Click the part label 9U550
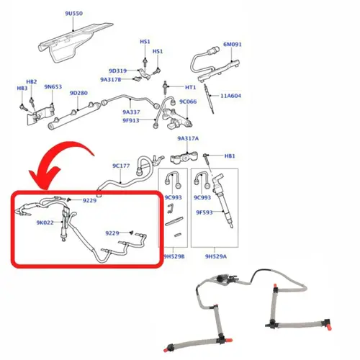[74, 14]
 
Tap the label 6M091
[233, 45]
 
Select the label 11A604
[230, 96]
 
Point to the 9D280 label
[78, 93]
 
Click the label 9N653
[53, 86]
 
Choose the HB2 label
[32, 81]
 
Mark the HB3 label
[22, 89]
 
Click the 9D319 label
[117, 71]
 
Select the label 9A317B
[111, 79]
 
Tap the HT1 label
[191, 87]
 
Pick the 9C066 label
[188, 102]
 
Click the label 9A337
[131, 112]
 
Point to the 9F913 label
[131, 120]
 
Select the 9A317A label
[188, 138]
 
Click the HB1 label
[230, 156]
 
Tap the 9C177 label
[121, 166]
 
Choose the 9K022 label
[45, 222]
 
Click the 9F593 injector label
[204, 212]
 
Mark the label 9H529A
[216, 256]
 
